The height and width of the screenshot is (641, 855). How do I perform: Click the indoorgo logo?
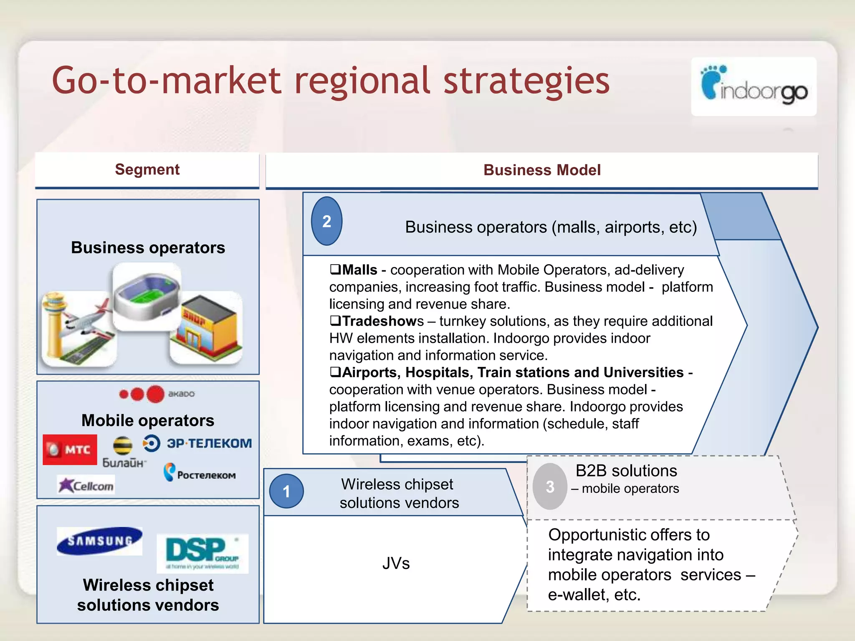pos(754,87)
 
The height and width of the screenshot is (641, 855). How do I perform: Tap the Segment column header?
pos(147,170)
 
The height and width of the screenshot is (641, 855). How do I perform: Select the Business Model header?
pos(542,170)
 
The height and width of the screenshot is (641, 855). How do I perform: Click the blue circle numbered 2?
pos(326,221)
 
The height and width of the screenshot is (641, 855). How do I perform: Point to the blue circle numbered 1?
pos(286,491)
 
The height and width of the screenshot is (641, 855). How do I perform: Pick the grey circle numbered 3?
pos(550,487)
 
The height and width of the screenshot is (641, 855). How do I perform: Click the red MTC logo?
pos(70,449)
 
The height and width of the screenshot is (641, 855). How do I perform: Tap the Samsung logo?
pos(99,541)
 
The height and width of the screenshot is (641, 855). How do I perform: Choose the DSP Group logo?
pos(202,553)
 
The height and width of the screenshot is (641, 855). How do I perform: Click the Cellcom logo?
pos(86,485)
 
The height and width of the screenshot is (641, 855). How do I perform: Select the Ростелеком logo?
pos(200,473)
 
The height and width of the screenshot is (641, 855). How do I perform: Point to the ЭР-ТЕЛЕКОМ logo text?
pos(209,443)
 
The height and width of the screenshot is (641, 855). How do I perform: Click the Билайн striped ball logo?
pos(123,445)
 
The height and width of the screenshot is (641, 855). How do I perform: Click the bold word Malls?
pos(359,270)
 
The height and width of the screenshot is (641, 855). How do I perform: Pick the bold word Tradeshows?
pos(382,321)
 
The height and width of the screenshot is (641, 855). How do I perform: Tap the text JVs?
pos(396,563)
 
